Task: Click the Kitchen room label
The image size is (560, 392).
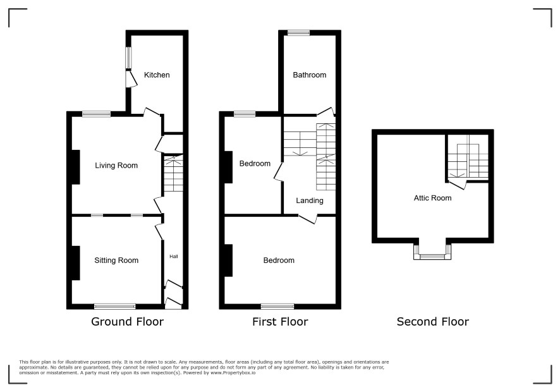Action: pos(157,75)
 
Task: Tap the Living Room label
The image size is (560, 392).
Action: pos(116,166)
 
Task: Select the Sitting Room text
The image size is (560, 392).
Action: pos(116,260)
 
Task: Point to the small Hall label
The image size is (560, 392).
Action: pos(174,256)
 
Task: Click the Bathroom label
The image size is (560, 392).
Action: pos(310,75)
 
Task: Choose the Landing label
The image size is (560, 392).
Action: pos(310,201)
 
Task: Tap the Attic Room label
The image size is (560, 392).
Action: pos(432,198)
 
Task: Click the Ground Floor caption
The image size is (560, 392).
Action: pos(128,322)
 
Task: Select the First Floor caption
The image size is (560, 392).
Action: pos(280,322)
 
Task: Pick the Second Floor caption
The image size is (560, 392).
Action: pos(433,322)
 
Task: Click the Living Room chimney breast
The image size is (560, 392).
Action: pos(76,167)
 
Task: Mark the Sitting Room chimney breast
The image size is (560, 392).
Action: pos(76,262)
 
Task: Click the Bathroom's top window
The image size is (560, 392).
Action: pos(299,33)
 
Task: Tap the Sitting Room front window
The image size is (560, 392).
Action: pos(115,306)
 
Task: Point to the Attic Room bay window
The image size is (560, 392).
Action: pos(432,252)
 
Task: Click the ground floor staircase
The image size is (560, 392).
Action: pos(174,173)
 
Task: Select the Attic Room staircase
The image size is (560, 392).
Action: pos(468,157)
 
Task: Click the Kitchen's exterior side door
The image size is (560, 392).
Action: pos(131,79)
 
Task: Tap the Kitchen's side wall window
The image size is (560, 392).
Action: pos(128,58)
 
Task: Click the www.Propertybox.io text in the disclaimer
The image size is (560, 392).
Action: pos(233,372)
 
